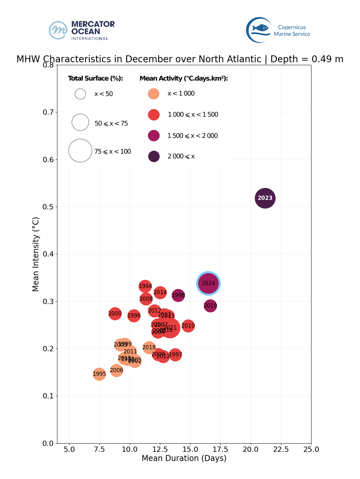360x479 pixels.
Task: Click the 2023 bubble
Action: coord(265,198)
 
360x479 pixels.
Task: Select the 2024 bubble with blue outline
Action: coord(208,283)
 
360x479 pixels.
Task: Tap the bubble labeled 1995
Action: coord(99,374)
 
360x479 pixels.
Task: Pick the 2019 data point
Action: coord(210,306)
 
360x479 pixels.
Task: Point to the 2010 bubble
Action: coord(188,326)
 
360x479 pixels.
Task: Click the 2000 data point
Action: coord(115,314)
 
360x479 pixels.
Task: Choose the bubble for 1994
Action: coord(145,286)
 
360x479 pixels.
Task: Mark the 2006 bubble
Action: coord(116,371)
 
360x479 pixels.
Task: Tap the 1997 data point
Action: coord(175,354)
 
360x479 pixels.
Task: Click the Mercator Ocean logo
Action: coord(82,30)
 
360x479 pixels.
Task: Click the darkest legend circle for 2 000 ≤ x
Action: coord(154,156)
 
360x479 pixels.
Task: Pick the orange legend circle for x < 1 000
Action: coord(154,94)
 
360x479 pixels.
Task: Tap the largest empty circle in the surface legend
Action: coord(80,151)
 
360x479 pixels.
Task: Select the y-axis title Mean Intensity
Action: coord(36,254)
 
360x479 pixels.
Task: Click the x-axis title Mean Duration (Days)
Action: coord(184,458)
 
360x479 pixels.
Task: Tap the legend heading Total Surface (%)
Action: coord(95,78)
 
